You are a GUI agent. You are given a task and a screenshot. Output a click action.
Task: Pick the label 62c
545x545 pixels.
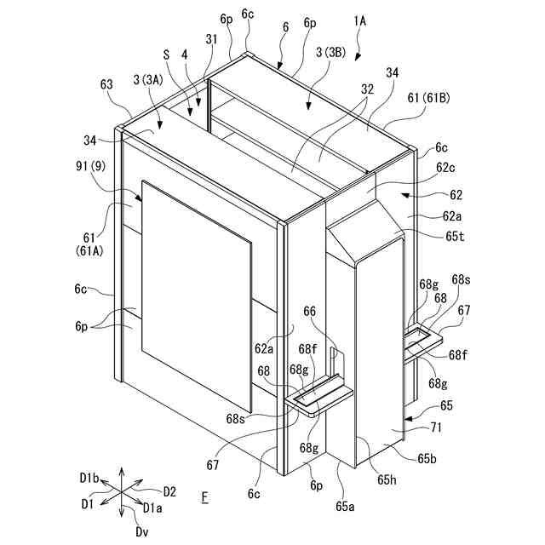[x=428, y=169]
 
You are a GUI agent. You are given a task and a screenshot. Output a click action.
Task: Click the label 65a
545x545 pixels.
[x=345, y=505]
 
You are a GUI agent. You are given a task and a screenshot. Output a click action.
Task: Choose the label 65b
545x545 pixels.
[x=428, y=459]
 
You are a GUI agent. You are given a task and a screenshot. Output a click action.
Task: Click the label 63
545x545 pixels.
[x=106, y=84]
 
